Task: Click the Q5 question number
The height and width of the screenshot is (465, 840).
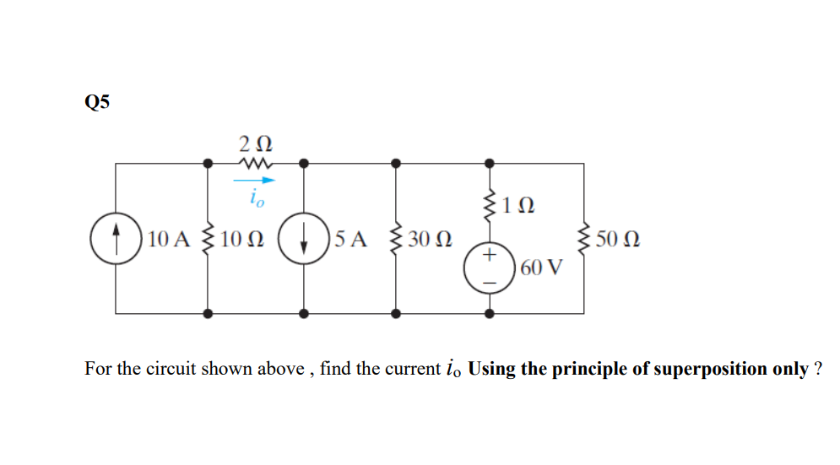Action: pyautogui.click(x=97, y=102)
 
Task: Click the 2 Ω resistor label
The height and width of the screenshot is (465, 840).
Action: pyautogui.click(x=255, y=141)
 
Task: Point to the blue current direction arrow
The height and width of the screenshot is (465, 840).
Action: pyautogui.click(x=255, y=180)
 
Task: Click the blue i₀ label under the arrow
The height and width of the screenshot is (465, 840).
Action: pyautogui.click(x=256, y=198)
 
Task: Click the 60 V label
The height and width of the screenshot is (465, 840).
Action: pyautogui.click(x=540, y=269)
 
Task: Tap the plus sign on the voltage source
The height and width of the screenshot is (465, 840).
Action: pyautogui.click(x=489, y=256)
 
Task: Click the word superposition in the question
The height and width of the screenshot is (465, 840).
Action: pyautogui.click(x=695, y=370)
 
